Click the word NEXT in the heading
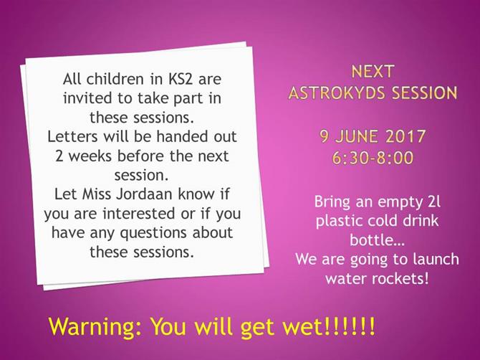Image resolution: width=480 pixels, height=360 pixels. point(372,72)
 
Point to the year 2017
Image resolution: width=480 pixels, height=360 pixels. point(405,136)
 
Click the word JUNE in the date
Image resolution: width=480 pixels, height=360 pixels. point(356,136)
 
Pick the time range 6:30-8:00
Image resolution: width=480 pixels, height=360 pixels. point(373,158)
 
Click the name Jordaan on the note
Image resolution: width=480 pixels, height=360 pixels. point(145,194)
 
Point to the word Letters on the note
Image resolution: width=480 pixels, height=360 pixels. point(73,136)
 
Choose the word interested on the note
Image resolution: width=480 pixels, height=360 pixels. point(139,214)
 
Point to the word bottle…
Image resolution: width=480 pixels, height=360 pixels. point(377,240)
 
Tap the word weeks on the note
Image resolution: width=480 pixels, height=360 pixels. point(90,156)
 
